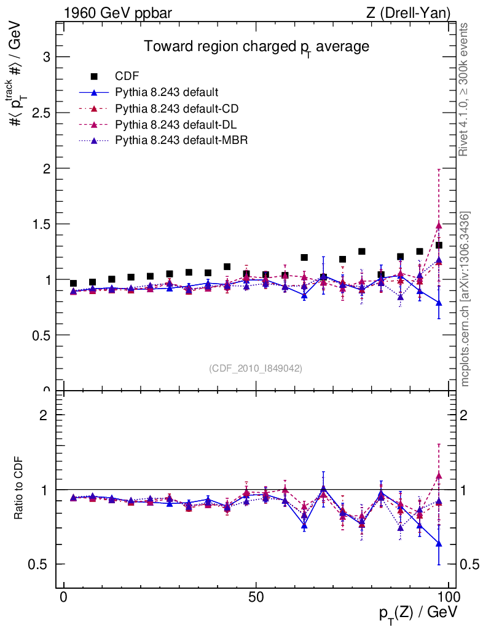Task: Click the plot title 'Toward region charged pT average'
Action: [x=256, y=47]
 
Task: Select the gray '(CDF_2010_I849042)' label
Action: [x=256, y=368]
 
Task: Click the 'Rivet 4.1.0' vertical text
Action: [x=465, y=89]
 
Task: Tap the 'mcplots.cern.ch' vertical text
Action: [x=465, y=298]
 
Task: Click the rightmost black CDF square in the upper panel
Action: [x=439, y=245]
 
